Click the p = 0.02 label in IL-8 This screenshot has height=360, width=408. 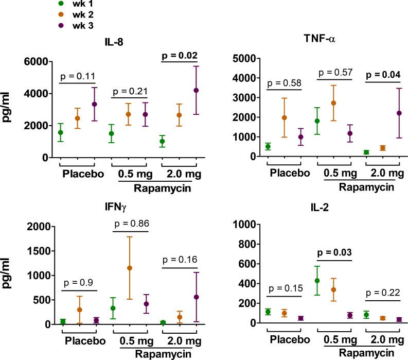coord(180,56)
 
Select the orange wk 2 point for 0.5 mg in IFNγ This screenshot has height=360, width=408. coord(129,268)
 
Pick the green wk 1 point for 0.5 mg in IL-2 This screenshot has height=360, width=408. coord(317,281)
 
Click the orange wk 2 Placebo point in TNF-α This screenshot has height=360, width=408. coord(284,117)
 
